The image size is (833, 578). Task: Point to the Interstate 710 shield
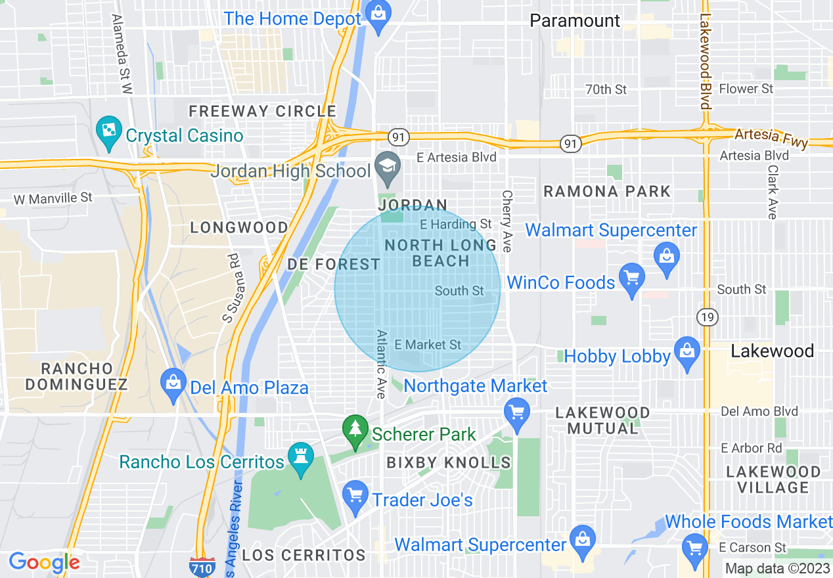[201, 566]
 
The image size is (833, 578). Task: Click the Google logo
[44, 562]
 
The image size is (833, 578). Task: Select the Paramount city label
[575, 21]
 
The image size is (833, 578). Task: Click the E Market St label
[428, 345]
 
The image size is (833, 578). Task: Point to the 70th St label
[606, 89]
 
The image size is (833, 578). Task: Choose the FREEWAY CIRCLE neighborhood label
[263, 112]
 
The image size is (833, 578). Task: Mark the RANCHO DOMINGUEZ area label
[76, 376]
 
